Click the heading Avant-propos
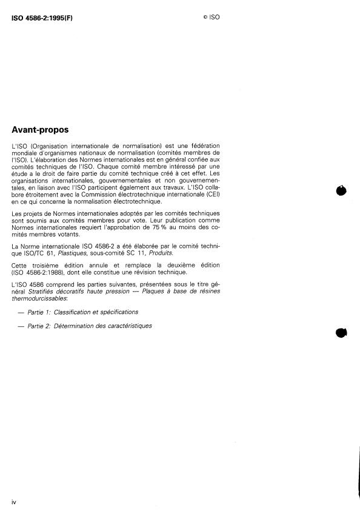coord(41,130)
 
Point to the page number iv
coord(15,503)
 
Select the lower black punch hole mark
coord(341,333)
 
